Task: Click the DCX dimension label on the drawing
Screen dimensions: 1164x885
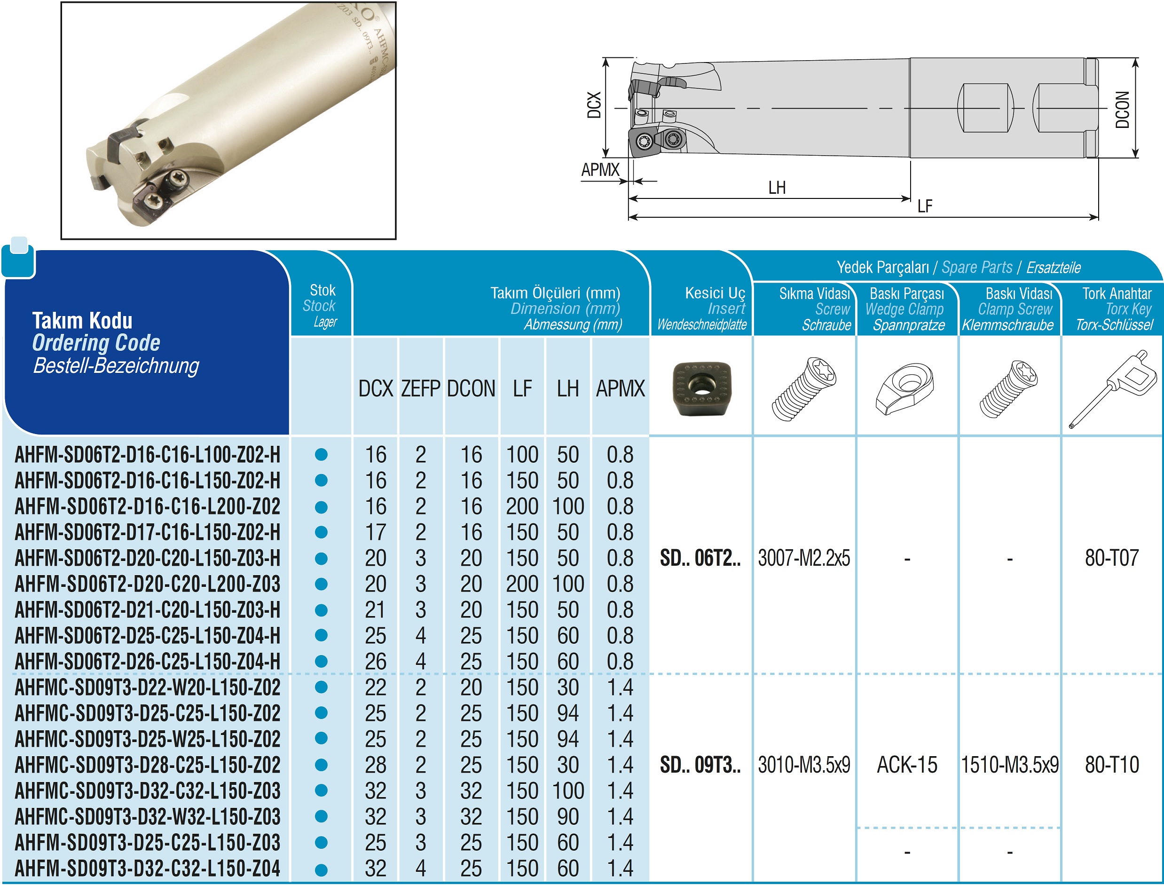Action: pos(594,105)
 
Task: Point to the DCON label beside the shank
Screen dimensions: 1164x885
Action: pos(1122,110)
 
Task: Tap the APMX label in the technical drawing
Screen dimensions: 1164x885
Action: pos(600,170)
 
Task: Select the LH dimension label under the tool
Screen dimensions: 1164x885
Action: pos(777,188)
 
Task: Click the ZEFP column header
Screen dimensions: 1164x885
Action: pos(420,389)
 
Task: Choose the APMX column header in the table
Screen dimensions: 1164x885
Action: pos(620,389)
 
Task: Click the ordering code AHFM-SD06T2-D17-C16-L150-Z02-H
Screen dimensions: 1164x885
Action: pos(148,532)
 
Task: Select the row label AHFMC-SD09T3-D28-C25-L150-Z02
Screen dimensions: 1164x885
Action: pos(148,765)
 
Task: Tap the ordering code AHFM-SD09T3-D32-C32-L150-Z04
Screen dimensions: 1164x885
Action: pos(148,868)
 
